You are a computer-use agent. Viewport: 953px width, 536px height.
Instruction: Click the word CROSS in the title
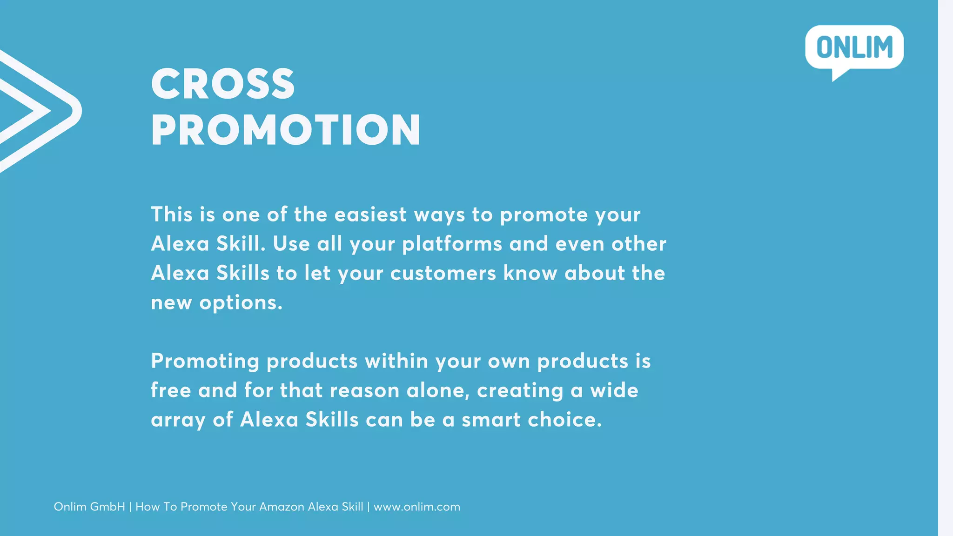click(x=223, y=84)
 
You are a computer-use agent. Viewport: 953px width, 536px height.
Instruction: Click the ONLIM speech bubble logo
click(x=854, y=48)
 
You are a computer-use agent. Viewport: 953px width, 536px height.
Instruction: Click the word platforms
click(x=452, y=244)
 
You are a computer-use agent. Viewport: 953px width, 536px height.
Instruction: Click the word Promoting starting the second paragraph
click(x=205, y=362)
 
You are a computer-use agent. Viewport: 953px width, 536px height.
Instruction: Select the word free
click(x=171, y=390)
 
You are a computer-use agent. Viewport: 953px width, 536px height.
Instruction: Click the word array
click(x=178, y=420)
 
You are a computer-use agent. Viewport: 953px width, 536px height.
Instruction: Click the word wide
click(x=614, y=390)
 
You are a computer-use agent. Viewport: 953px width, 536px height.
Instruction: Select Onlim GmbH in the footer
click(x=89, y=507)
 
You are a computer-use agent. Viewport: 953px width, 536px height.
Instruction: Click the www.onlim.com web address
click(x=417, y=507)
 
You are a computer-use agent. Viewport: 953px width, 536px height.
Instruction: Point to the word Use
click(x=291, y=244)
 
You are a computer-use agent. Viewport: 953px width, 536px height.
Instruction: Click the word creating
click(x=520, y=390)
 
